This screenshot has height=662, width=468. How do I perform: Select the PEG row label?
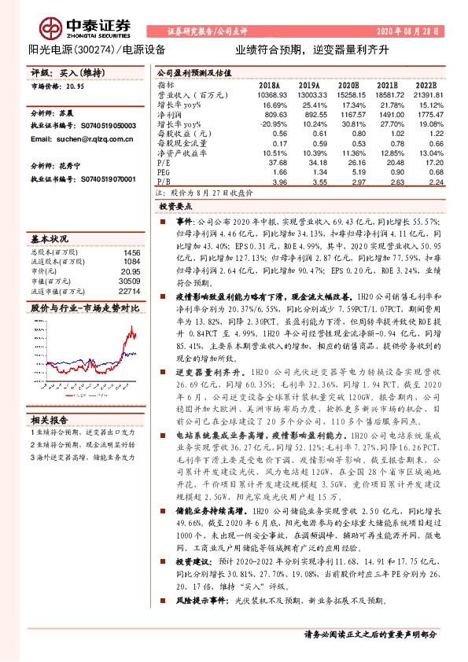[x=164, y=173]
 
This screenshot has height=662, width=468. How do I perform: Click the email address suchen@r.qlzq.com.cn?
[x=69, y=138]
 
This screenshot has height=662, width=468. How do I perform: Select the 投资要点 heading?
[x=177, y=204]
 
